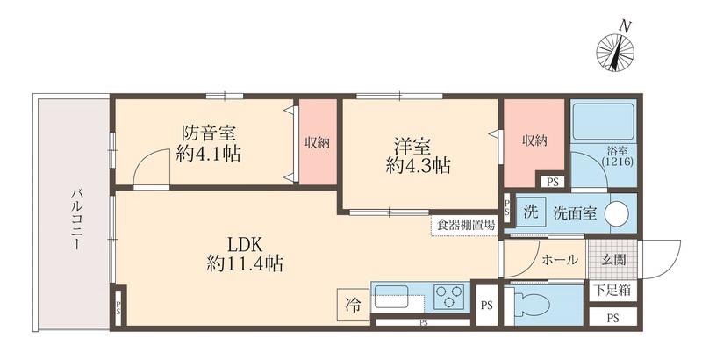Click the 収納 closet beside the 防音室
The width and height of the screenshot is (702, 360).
(317, 142)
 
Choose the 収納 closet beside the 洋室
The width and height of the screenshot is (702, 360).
(534, 141)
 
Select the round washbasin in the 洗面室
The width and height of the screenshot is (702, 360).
(617, 213)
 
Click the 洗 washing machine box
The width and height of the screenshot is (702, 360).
(530, 212)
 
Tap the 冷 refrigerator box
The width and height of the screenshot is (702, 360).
(352, 305)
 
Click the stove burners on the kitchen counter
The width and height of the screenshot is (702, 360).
(449, 296)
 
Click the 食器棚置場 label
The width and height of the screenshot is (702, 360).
(464, 225)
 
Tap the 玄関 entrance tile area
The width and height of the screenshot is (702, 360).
(612, 259)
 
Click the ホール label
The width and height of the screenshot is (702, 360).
(559, 259)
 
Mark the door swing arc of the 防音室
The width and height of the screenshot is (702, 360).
(151, 167)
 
